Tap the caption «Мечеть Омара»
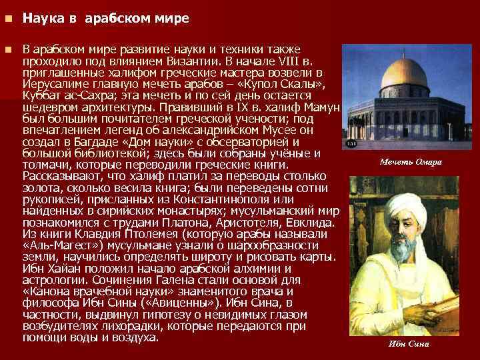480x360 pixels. coord(411,162)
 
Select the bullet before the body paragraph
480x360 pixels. coord(8,50)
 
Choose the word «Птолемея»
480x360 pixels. coord(159,234)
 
